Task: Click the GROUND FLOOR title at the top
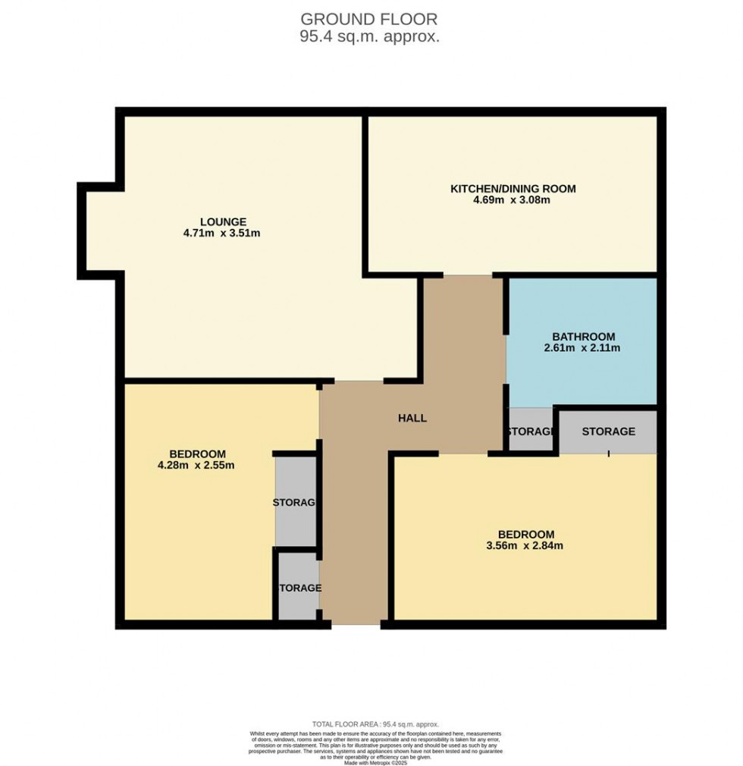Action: click(x=370, y=18)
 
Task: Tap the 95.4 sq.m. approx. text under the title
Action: click(x=370, y=36)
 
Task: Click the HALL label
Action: click(x=412, y=418)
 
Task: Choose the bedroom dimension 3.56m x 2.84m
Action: click(x=525, y=545)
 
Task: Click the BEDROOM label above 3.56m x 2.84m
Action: click(x=525, y=533)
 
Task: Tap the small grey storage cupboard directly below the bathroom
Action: click(x=530, y=431)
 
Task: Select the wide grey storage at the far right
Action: click(x=608, y=432)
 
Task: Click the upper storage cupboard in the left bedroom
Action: click(x=295, y=501)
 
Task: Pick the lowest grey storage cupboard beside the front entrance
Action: click(x=299, y=587)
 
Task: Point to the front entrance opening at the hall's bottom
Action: click(x=356, y=624)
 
